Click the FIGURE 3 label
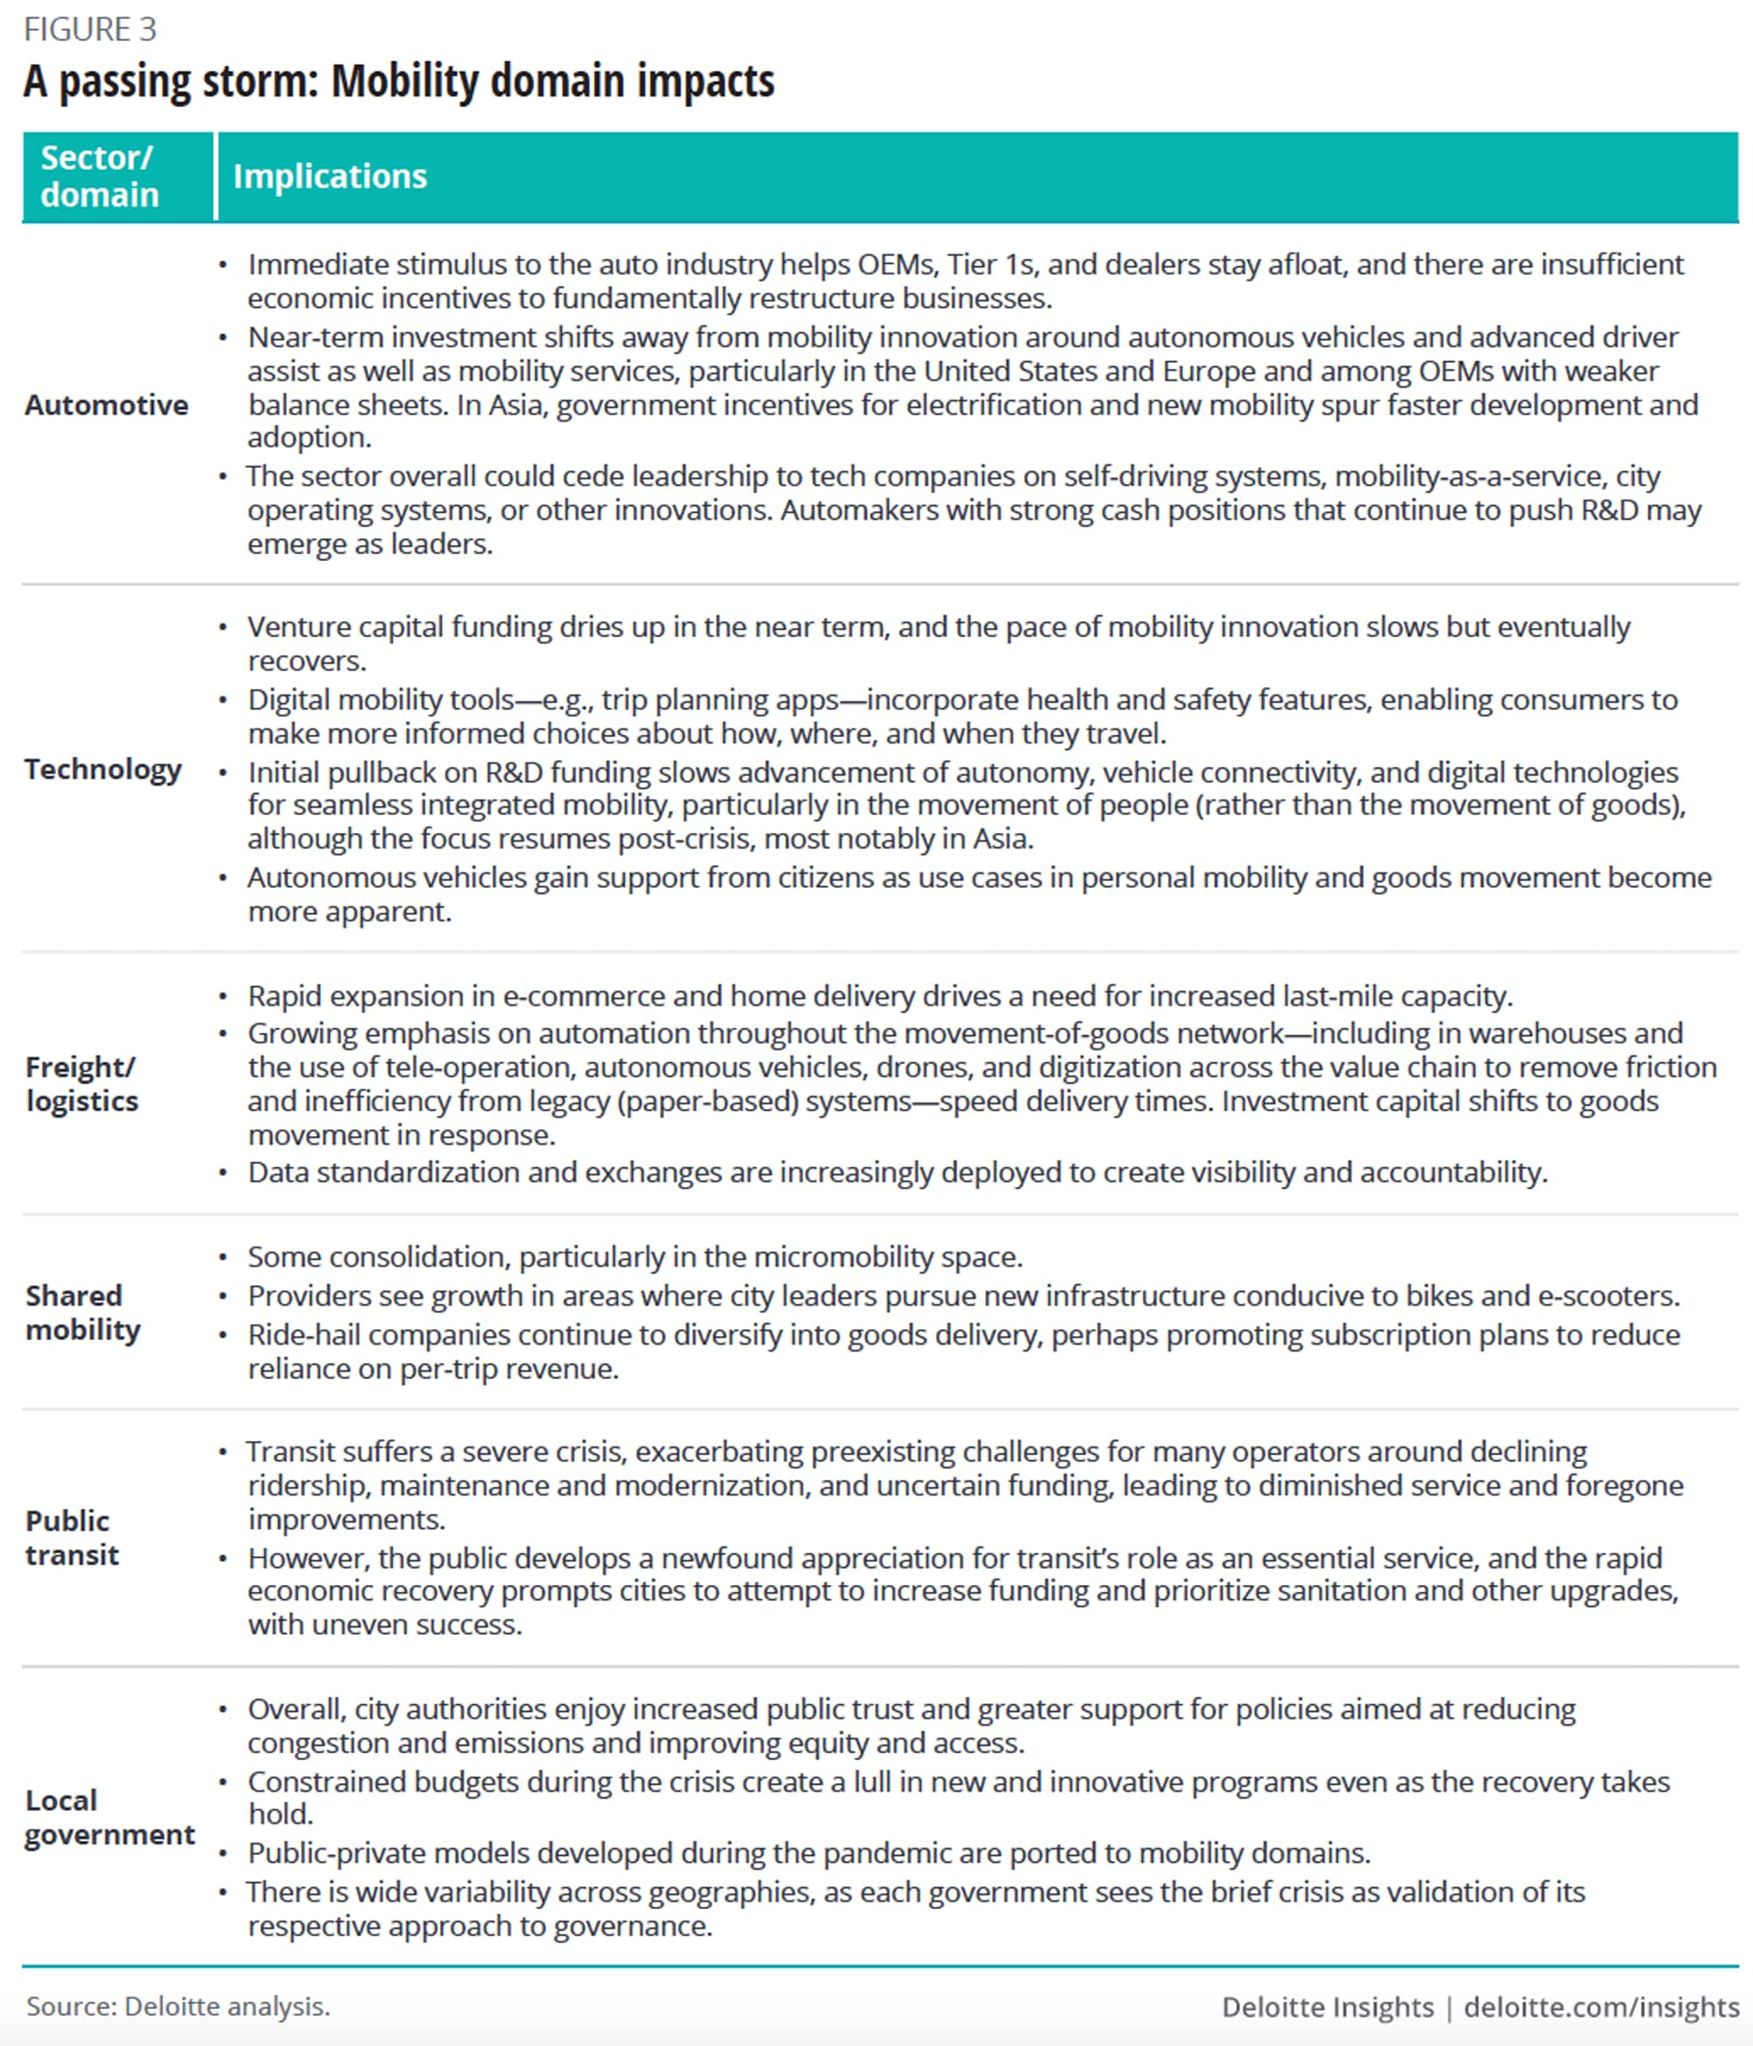(x=90, y=30)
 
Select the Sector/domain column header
(x=99, y=176)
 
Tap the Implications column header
(x=330, y=176)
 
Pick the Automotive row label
(x=107, y=405)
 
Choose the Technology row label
(x=103, y=770)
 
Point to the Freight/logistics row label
(x=82, y=1084)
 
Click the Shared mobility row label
(x=83, y=1312)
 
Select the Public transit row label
(x=71, y=1538)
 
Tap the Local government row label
(x=110, y=1817)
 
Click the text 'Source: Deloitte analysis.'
(x=178, y=2006)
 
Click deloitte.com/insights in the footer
(x=1600, y=2007)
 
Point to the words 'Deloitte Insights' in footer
(x=1327, y=2007)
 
